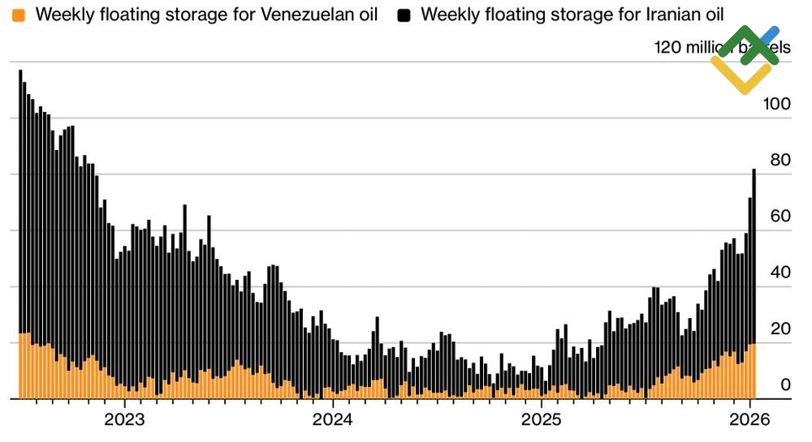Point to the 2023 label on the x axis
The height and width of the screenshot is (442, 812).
[x=124, y=420]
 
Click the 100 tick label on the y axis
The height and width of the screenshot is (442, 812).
[x=775, y=105]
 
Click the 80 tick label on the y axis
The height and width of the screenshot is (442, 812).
[x=780, y=161]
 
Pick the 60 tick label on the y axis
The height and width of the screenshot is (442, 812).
[x=780, y=217]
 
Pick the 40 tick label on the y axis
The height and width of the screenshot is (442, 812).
[x=780, y=272]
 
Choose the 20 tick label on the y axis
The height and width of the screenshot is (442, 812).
[x=780, y=328]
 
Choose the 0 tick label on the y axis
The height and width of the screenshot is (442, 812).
[x=784, y=384]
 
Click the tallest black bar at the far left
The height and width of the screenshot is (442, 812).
[x=20, y=203]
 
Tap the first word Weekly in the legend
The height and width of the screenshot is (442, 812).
[x=59, y=15]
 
